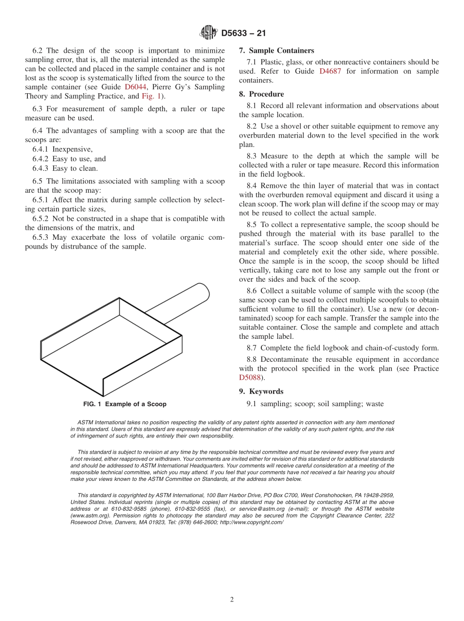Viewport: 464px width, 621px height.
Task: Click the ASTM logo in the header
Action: (x=208, y=33)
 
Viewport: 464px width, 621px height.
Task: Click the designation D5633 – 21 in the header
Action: (x=243, y=34)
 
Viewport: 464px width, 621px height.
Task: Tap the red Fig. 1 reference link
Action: (x=151, y=96)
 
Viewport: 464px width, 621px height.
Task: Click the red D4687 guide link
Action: (x=330, y=71)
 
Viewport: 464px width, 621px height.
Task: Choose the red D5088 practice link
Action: (x=250, y=377)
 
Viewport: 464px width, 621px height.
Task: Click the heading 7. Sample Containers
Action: (x=276, y=50)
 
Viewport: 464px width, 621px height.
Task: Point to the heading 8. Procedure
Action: (x=261, y=94)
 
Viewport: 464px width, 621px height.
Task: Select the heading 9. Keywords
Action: (x=261, y=392)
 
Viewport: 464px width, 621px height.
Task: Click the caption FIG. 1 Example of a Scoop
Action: (x=125, y=404)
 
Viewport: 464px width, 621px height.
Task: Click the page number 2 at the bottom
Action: (x=232, y=600)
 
